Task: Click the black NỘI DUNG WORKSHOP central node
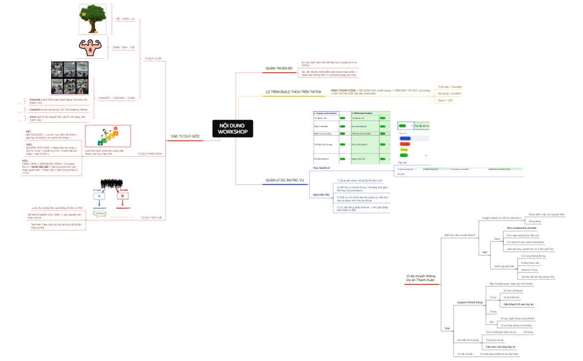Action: [233, 128]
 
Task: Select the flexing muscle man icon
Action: [91, 48]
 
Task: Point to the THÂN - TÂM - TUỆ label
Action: [123, 48]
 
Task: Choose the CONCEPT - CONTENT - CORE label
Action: [116, 98]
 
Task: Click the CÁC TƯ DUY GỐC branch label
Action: [185, 136]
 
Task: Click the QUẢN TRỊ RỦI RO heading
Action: [279, 68]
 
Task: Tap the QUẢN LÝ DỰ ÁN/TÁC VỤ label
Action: [285, 180]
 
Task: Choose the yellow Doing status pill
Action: [404, 149]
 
